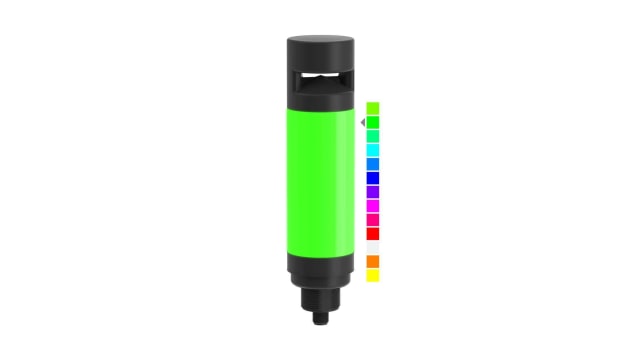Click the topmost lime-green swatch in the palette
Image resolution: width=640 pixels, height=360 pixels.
(372, 107)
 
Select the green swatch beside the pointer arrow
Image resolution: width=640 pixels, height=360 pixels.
(372, 122)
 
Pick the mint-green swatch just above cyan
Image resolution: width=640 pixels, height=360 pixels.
(372, 136)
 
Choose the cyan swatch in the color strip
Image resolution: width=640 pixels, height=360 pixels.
(372, 150)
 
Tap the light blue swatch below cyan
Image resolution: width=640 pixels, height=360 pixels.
(372, 164)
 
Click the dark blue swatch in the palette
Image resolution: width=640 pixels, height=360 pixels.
(372, 178)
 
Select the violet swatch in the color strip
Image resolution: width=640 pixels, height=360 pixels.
(372, 192)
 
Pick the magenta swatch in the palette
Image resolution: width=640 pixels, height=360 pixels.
(372, 206)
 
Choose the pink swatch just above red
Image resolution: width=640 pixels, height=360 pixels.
(372, 220)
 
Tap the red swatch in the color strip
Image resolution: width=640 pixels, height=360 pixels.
(372, 234)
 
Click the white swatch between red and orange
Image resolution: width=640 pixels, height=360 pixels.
(372, 248)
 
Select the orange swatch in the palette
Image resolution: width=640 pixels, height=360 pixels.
(372, 262)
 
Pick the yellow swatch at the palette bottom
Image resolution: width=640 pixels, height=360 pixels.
(372, 275)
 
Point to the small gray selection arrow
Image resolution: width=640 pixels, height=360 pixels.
(362, 122)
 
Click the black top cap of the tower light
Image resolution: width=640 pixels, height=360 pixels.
(320, 50)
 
